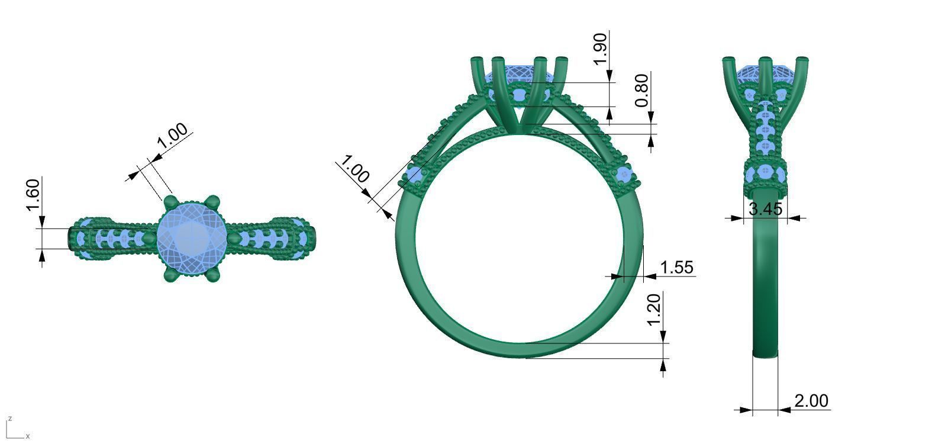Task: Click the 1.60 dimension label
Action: (33, 194)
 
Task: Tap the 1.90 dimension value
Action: (599, 50)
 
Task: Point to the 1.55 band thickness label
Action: (676, 268)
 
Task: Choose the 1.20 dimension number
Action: (653, 310)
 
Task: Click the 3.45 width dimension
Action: (765, 209)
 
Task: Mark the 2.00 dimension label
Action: (811, 401)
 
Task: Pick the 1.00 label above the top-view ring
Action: (172, 136)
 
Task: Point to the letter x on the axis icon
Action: (28, 436)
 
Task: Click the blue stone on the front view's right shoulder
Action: (625, 175)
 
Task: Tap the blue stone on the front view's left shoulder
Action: (414, 175)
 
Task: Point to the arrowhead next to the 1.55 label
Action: (649, 276)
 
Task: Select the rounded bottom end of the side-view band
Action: (765, 354)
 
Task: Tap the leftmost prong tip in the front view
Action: (477, 60)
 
